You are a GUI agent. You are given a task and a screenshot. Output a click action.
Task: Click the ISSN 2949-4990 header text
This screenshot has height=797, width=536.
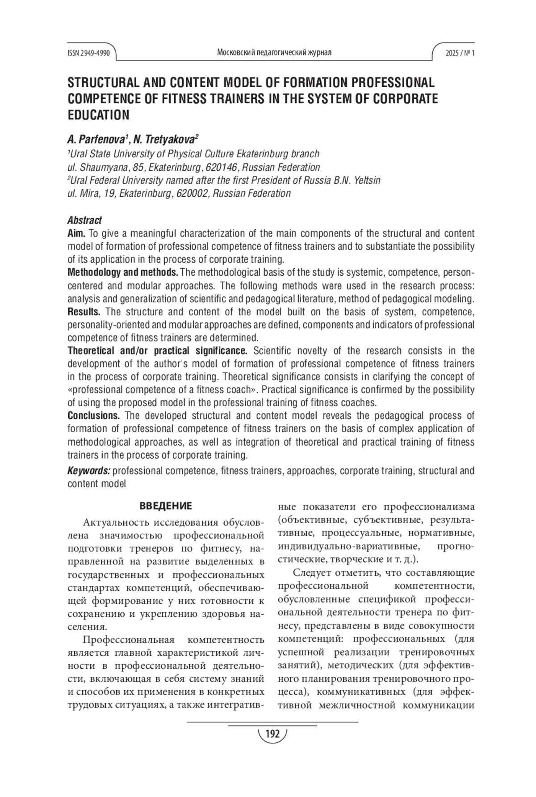click(88, 53)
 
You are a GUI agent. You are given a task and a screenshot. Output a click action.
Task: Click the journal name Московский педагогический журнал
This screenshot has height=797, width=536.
click(274, 53)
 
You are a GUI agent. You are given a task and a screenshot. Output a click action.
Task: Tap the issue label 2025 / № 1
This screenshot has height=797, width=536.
click(460, 53)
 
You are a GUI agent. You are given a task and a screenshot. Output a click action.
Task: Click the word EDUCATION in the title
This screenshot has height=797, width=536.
click(98, 115)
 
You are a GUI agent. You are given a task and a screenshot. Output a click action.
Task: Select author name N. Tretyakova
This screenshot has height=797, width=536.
click(166, 139)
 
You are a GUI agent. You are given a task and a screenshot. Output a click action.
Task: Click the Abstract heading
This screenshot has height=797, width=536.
click(84, 220)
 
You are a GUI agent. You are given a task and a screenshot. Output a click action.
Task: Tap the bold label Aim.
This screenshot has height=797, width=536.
click(76, 233)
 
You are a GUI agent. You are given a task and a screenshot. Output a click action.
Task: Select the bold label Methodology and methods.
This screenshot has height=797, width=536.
click(123, 272)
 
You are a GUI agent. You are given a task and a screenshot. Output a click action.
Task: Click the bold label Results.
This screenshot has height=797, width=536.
click(84, 312)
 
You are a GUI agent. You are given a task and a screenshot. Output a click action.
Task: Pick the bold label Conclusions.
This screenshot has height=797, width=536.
click(93, 416)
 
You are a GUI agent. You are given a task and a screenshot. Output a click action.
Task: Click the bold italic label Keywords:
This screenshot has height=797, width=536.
click(89, 471)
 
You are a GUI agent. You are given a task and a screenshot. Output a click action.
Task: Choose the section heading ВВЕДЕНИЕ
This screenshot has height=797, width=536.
click(166, 506)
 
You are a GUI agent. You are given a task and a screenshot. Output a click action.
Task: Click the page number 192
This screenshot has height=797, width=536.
click(272, 734)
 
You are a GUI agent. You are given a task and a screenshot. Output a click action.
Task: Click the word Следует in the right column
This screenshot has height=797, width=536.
click(311, 573)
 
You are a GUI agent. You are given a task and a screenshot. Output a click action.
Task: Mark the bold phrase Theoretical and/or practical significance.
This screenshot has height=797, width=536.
click(157, 351)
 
